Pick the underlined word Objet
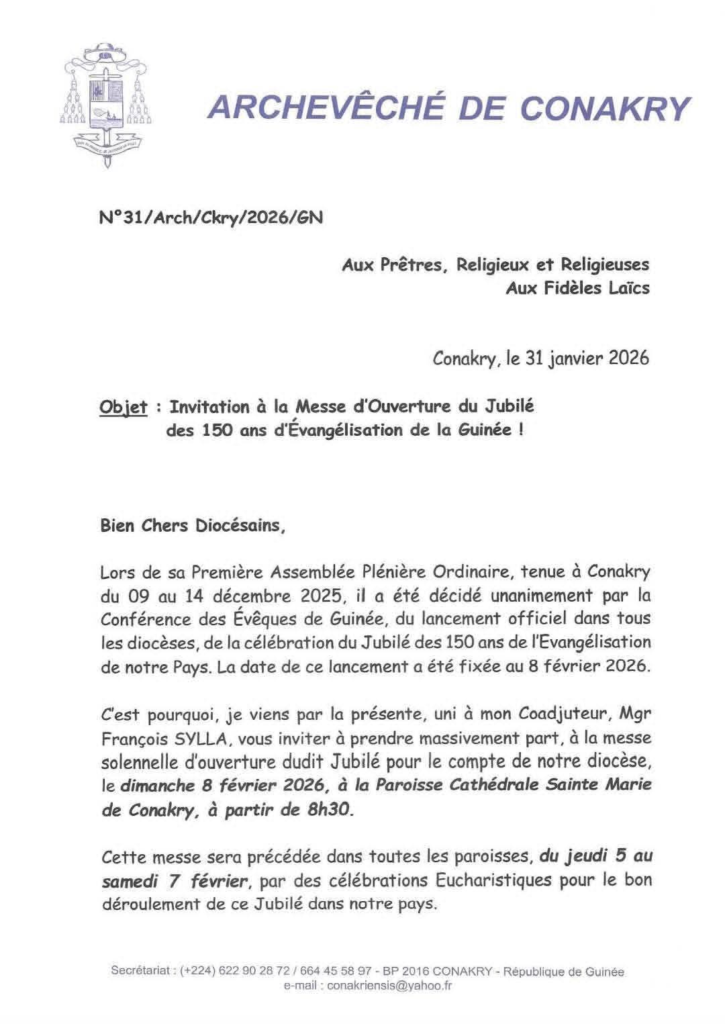[x=123, y=407]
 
